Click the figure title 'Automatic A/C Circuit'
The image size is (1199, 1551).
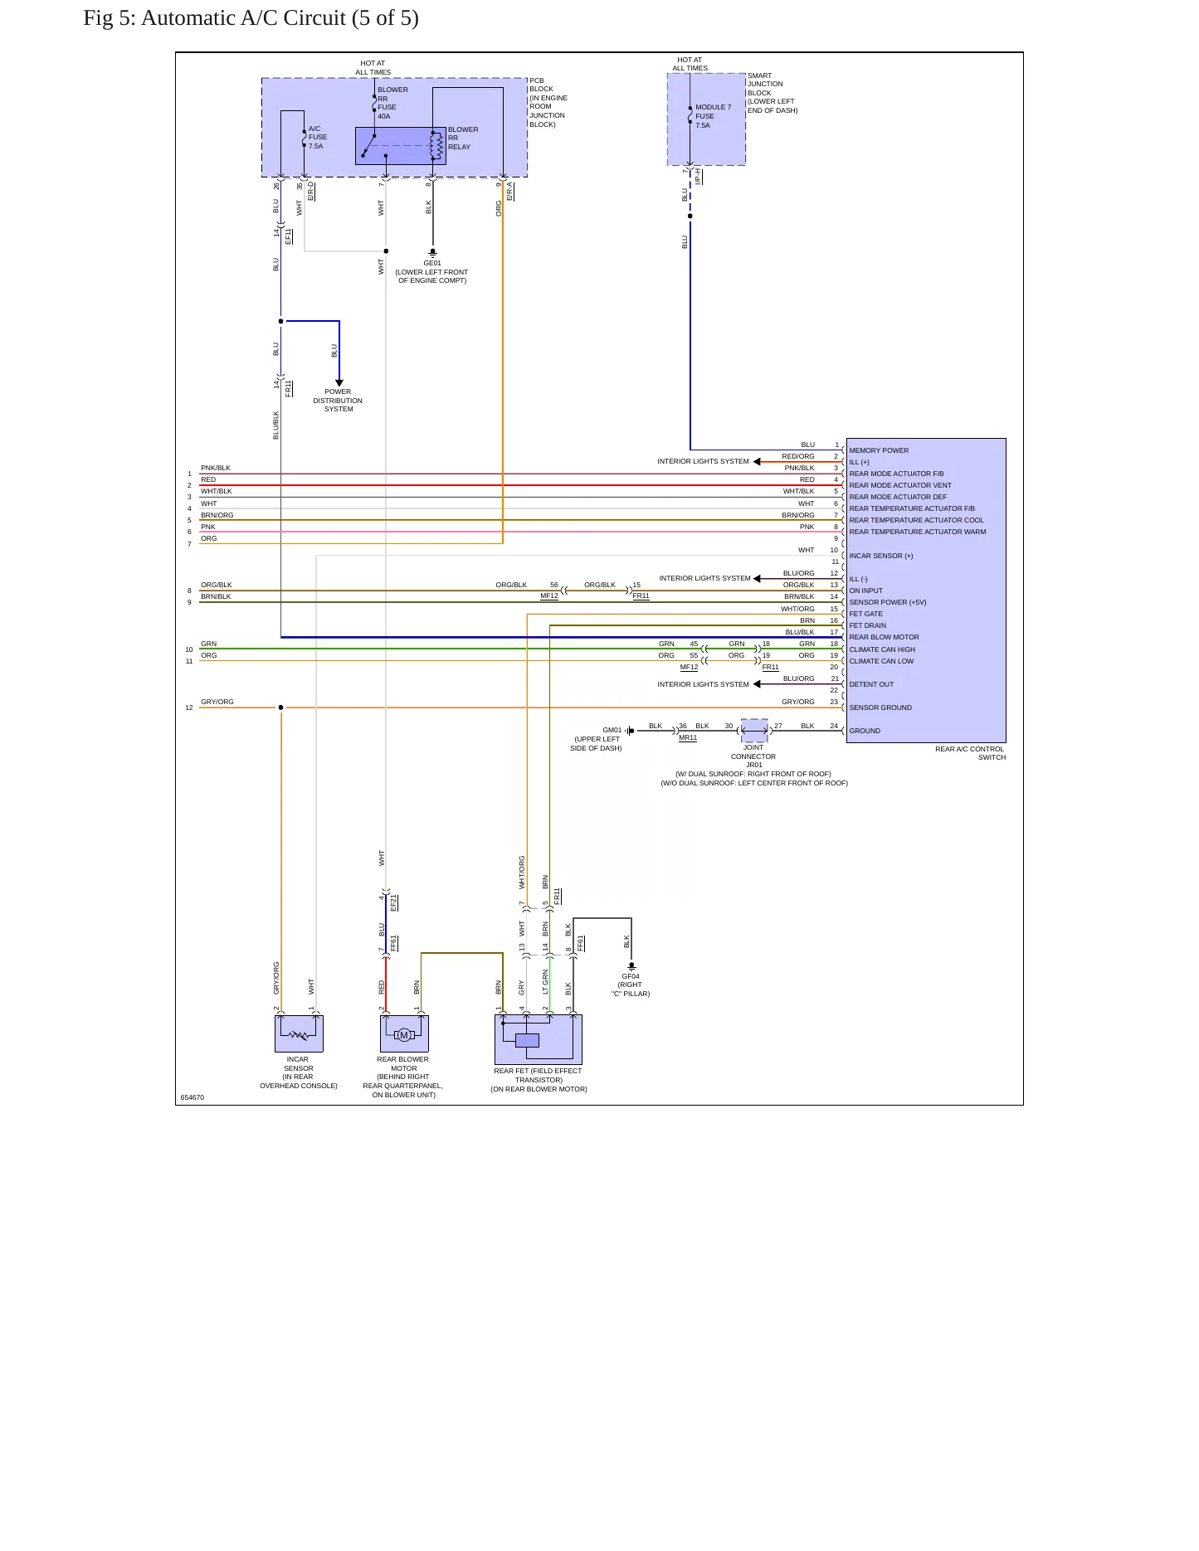tap(245, 18)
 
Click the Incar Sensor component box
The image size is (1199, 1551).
tap(299, 1033)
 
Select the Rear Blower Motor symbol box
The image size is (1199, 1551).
tap(404, 1033)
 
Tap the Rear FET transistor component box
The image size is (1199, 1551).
tap(539, 1039)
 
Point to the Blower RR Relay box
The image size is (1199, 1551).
tap(401, 146)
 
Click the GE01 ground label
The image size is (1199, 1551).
tap(432, 263)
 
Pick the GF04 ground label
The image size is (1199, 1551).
tap(631, 976)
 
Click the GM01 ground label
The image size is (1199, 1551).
tap(612, 730)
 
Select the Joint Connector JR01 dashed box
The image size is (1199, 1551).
tap(754, 731)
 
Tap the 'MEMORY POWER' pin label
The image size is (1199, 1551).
tap(879, 450)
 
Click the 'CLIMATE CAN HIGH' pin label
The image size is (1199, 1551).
tap(882, 649)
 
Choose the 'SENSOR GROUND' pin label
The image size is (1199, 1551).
tap(880, 707)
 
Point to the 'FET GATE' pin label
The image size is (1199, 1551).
tap(866, 614)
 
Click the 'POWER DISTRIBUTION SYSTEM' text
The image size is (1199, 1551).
tap(338, 401)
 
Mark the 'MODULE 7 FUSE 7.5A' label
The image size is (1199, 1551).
tap(714, 116)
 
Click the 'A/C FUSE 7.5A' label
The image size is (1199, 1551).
tap(318, 137)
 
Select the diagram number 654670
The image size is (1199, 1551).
tap(193, 1097)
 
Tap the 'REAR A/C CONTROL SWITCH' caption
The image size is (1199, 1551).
tap(970, 753)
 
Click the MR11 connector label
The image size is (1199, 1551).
tap(688, 737)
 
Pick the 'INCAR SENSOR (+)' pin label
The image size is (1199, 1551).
tap(881, 556)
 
